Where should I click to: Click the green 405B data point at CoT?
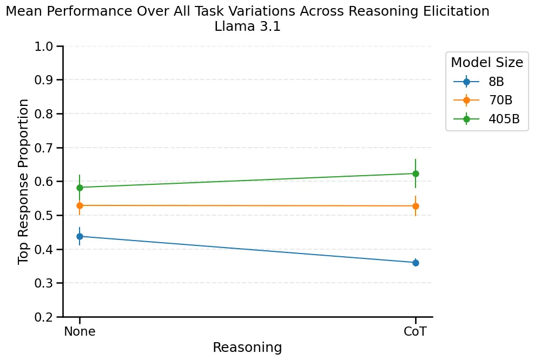pyautogui.click(x=416, y=174)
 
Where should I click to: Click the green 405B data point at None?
pyautogui.click(x=80, y=188)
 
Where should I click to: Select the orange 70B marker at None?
pyautogui.click(x=80, y=205)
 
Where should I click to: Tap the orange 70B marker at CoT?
pyautogui.click(x=416, y=206)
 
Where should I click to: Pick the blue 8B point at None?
pyautogui.click(x=80, y=236)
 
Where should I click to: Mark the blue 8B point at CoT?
pyautogui.click(x=416, y=263)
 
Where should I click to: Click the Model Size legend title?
pyautogui.click(x=486, y=63)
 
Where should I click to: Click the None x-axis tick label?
pyautogui.click(x=80, y=331)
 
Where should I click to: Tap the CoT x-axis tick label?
pyautogui.click(x=416, y=331)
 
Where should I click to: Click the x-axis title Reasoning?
pyautogui.click(x=247, y=347)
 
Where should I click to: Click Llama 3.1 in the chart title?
pyautogui.click(x=247, y=27)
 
